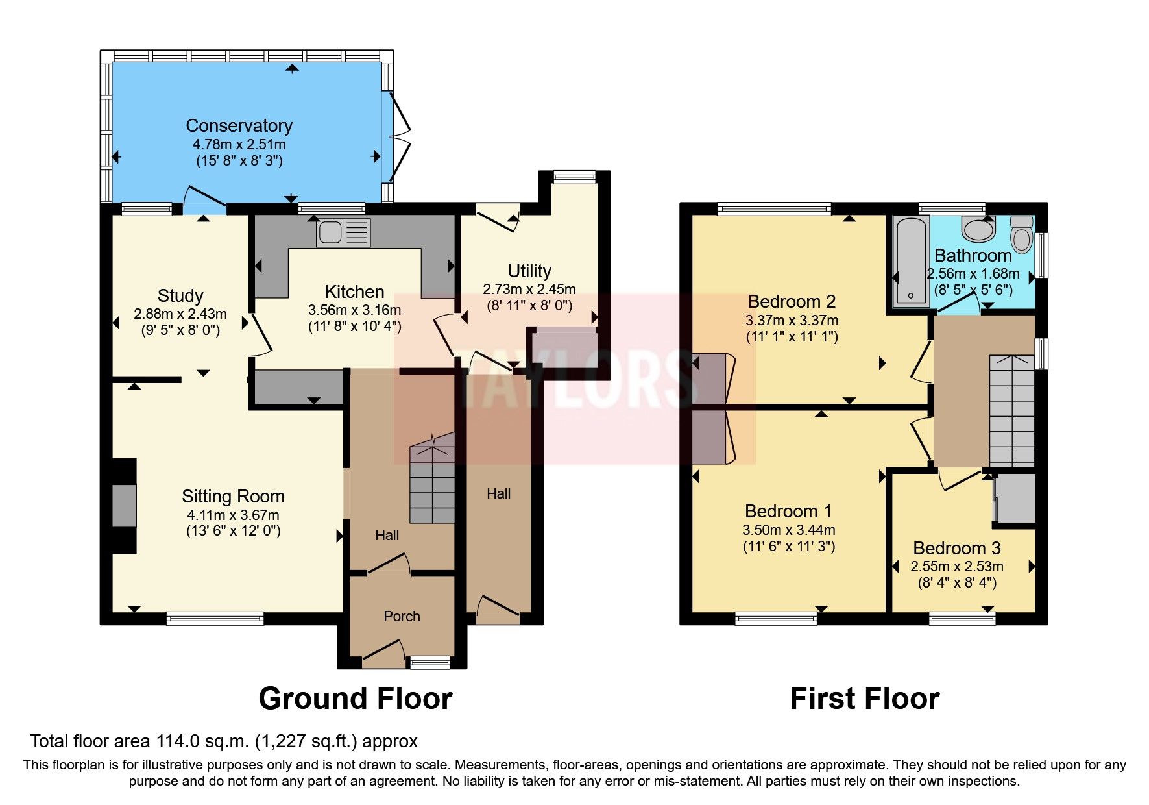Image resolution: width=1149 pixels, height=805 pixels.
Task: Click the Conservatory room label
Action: (239, 125)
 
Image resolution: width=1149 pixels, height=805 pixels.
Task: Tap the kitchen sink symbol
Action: (343, 232)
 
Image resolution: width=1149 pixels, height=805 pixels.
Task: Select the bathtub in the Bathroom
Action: (911, 262)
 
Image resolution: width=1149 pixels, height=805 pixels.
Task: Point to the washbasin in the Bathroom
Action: (978, 229)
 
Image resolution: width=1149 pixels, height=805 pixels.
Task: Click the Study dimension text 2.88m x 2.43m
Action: (180, 314)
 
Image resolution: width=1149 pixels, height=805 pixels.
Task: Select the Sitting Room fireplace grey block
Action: (124, 506)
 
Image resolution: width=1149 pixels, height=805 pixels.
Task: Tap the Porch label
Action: (402, 616)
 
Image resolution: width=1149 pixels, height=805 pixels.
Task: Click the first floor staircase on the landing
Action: (1011, 410)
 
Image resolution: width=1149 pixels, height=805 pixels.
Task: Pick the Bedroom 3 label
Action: (956, 548)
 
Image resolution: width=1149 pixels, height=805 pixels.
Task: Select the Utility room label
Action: (529, 271)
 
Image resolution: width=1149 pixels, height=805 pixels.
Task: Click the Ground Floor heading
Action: (355, 699)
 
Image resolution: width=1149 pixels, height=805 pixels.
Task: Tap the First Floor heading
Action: (864, 699)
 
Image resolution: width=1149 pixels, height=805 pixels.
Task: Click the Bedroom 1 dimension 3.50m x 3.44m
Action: (788, 530)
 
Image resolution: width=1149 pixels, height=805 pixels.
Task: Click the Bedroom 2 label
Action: (791, 301)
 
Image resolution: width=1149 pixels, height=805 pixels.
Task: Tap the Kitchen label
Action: (354, 291)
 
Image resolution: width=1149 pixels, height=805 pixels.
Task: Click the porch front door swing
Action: (383, 650)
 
